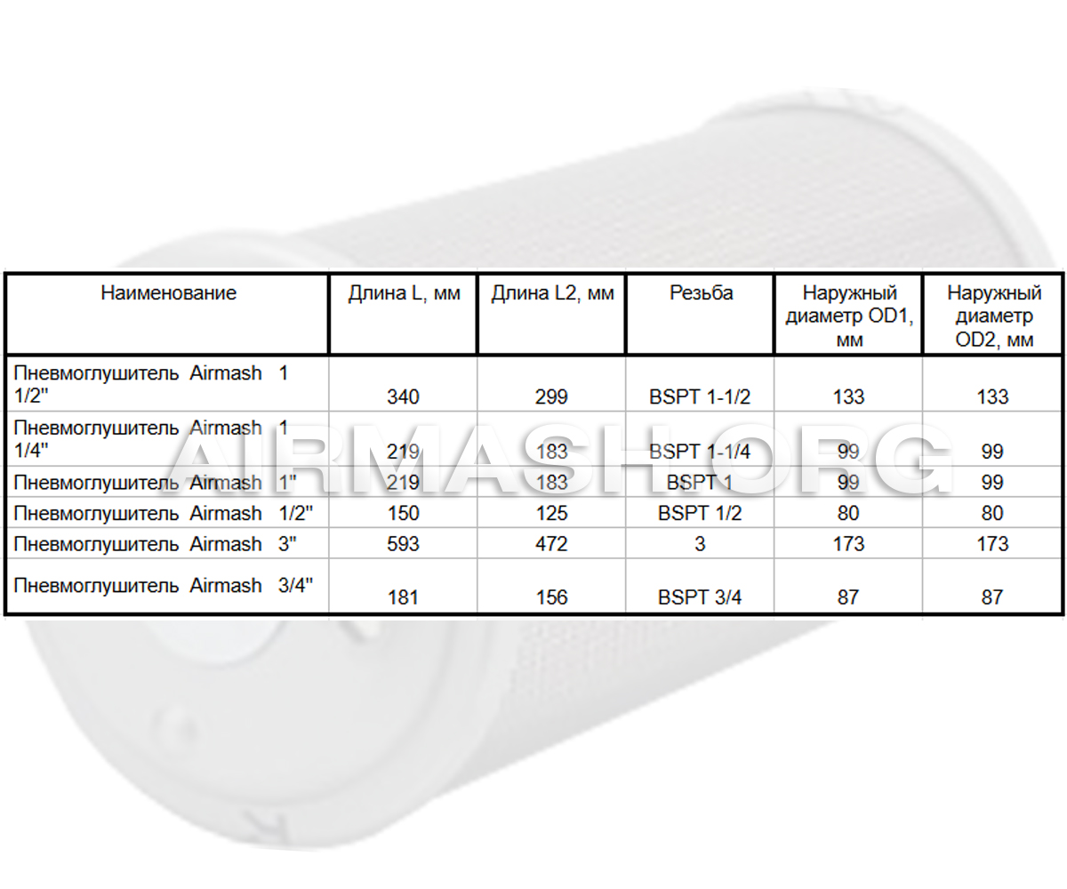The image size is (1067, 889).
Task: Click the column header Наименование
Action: click(x=168, y=293)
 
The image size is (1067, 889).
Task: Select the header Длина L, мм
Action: click(x=404, y=293)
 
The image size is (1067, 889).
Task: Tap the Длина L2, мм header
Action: click(x=552, y=293)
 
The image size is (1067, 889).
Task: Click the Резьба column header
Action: click(x=701, y=293)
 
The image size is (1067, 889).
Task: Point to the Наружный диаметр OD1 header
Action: click(x=849, y=316)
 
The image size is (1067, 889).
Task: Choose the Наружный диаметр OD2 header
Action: click(x=994, y=316)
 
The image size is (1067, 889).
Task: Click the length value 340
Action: click(x=403, y=397)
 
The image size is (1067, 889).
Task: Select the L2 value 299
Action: click(x=551, y=397)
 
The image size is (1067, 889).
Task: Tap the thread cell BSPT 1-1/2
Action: click(x=700, y=397)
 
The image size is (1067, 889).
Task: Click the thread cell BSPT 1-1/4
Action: click(x=700, y=452)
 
